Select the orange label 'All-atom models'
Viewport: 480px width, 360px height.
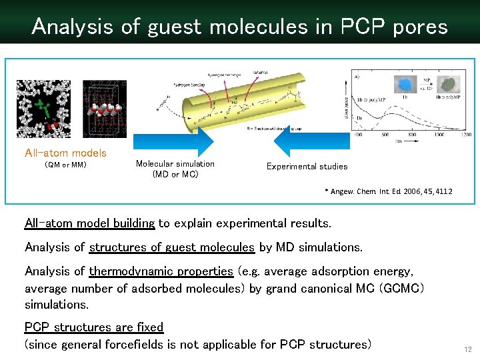coord(65,153)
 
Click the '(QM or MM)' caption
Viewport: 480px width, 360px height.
coord(65,165)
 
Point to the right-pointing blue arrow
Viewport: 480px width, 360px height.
coord(173,141)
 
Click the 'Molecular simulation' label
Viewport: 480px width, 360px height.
coord(175,164)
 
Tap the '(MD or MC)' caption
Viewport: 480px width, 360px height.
coord(175,175)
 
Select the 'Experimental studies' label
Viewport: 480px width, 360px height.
coord(307,166)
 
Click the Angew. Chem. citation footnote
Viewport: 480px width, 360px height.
coord(388,191)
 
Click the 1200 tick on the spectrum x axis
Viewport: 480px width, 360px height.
coord(465,135)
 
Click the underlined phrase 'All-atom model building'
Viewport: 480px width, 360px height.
coord(90,223)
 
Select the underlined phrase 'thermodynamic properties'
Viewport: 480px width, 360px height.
coord(161,271)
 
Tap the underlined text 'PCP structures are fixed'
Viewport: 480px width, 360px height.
coord(94,327)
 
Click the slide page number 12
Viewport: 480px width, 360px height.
coord(467,349)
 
